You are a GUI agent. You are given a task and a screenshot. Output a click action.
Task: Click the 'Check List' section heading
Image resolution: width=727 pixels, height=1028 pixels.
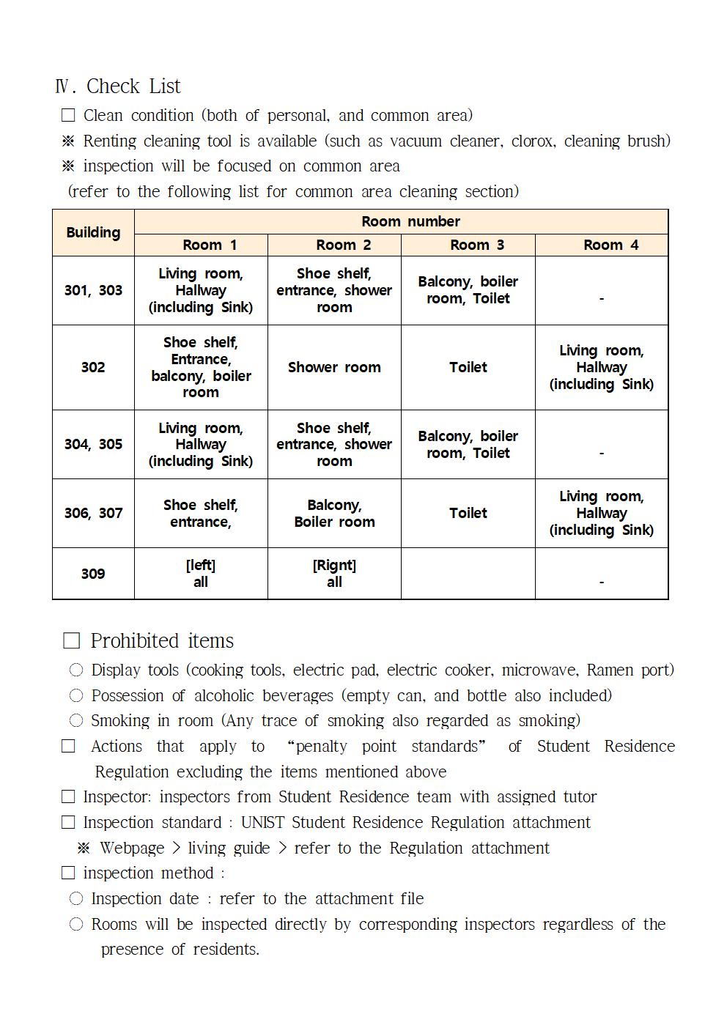(133, 86)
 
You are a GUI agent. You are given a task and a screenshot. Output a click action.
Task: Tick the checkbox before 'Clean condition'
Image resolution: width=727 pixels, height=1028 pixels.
(68, 116)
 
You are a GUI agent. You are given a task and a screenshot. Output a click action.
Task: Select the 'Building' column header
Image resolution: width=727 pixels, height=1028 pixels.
(93, 232)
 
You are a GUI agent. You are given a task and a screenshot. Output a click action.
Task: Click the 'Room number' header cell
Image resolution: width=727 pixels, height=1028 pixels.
(410, 221)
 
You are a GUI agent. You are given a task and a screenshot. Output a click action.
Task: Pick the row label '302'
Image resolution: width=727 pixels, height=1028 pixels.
(93, 367)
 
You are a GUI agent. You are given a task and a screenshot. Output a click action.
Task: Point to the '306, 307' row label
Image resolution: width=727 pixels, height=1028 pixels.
(93, 513)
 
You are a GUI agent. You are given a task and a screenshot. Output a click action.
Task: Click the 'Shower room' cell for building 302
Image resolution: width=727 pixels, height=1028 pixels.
(334, 367)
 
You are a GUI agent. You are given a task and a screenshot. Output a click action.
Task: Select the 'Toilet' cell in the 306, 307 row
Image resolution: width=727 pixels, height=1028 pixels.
(468, 513)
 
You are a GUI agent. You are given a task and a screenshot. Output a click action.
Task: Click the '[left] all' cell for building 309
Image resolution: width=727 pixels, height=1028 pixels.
(201, 573)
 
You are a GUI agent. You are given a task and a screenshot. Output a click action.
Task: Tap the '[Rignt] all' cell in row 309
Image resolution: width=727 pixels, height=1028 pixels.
(334, 573)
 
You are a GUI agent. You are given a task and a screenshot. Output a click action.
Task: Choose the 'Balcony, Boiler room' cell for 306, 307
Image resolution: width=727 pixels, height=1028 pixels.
(334, 513)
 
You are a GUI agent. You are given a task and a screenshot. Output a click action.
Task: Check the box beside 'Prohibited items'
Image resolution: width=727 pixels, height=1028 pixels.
(71, 641)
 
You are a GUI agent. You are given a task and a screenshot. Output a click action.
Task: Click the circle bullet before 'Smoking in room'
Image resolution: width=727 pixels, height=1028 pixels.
(76, 721)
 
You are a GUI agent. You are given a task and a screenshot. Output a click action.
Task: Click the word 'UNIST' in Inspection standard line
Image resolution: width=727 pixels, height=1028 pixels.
(262, 823)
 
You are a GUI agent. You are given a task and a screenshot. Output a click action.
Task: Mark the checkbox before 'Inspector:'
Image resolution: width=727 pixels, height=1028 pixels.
(68, 797)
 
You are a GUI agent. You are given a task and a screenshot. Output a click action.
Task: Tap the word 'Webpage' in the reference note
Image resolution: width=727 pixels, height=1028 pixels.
(132, 848)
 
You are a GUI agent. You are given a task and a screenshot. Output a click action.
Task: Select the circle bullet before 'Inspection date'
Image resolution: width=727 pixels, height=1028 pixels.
(76, 899)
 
